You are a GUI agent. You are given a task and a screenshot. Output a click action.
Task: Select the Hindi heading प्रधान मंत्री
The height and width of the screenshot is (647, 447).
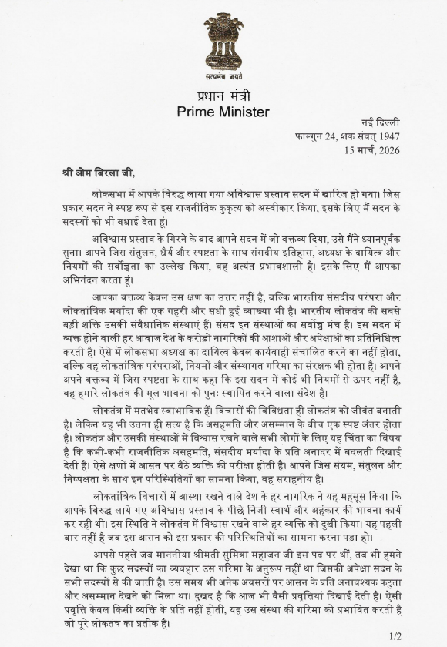pos(223,96)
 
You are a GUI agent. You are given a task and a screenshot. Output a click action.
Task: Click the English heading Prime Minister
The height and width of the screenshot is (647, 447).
pos(223,112)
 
